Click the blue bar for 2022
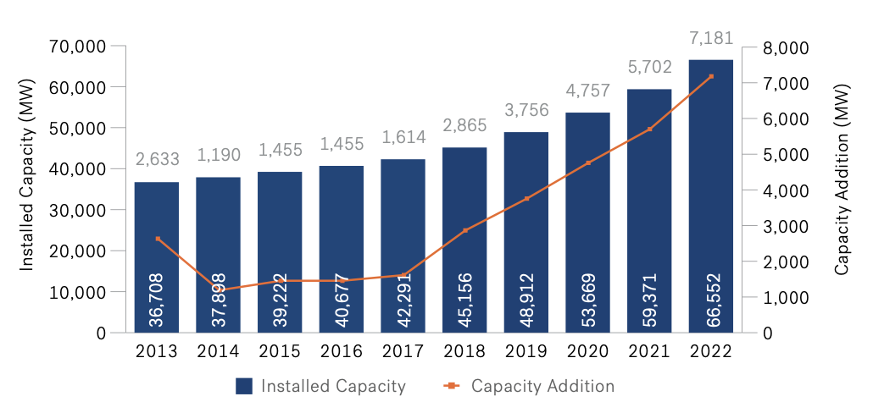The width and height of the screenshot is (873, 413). pos(710,195)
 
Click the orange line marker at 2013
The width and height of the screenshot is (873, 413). pos(157,239)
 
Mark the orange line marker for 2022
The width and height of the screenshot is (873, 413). pos(710,76)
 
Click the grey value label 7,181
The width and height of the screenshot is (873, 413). pos(710,38)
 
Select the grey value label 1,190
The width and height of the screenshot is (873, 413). pos(219,155)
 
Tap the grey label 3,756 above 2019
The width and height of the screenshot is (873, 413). pos(526,110)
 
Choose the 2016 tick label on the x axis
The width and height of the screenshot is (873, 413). pos(342,350)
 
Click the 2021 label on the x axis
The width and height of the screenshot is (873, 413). pos(649,350)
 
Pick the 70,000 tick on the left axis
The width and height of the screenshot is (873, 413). pos(77,47)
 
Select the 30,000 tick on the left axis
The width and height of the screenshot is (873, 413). pos(77,210)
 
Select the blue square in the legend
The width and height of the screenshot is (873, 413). pos(245,387)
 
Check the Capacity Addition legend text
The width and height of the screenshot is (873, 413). pos(542,387)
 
